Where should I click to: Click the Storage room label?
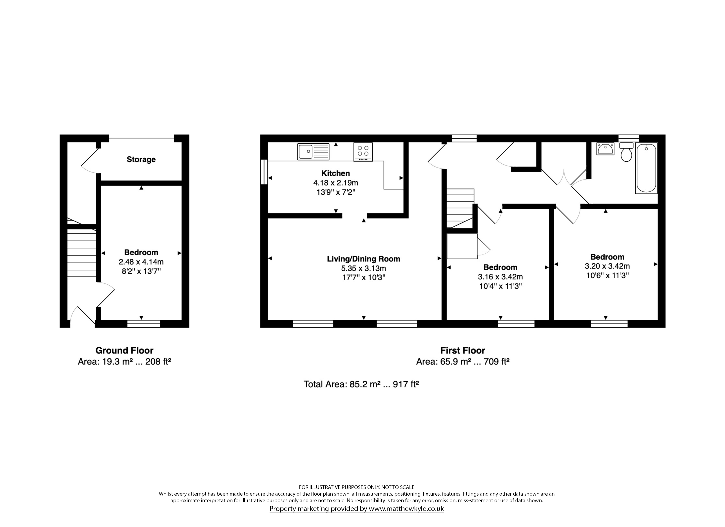pos(141,159)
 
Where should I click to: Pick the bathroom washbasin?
pos(605,149)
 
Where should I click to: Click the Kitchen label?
pos(336,173)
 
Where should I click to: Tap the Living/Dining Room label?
pos(363,259)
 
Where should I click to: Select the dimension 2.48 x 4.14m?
pos(141,262)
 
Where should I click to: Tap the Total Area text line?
pos(361,384)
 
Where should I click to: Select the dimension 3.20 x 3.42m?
pos(607,266)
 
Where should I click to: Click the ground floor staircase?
pos(82,253)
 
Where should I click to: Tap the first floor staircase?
pos(460,208)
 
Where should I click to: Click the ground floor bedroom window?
pos(143,323)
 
